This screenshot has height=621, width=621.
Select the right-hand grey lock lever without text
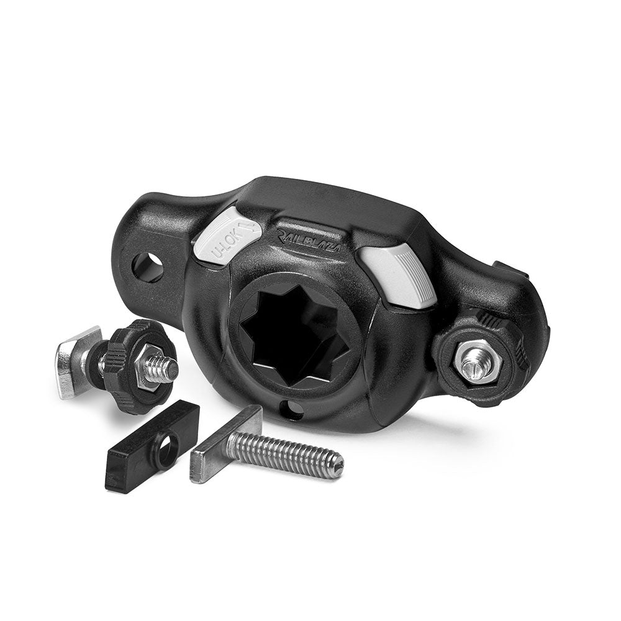coord(400,273)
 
